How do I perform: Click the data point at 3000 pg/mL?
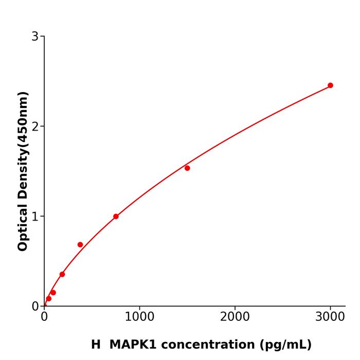click(330, 85)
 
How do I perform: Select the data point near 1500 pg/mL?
click(187, 168)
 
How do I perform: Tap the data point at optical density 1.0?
click(116, 217)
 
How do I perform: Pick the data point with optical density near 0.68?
click(80, 245)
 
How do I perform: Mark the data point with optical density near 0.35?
click(62, 274)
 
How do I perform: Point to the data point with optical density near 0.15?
click(53, 293)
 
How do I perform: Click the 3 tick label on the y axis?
click(35, 37)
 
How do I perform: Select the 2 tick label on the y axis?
click(35, 127)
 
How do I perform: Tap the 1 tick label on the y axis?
click(35, 217)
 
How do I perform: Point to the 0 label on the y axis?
click(35, 307)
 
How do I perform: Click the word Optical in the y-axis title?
click(23, 225)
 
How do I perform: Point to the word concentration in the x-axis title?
click(211, 345)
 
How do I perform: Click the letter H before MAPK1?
click(96, 345)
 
